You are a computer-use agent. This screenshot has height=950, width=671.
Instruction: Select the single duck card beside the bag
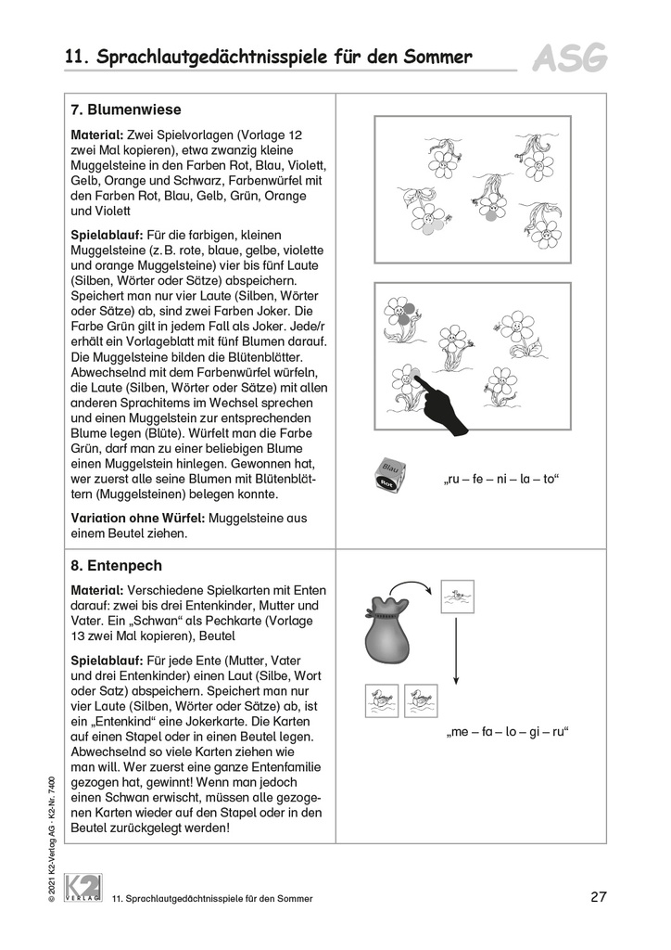click(458, 597)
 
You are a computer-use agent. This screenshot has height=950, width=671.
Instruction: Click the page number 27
click(598, 897)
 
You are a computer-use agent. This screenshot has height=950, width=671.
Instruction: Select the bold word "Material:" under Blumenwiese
click(97, 135)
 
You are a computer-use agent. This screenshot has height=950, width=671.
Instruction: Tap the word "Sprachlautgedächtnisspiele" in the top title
click(212, 58)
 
